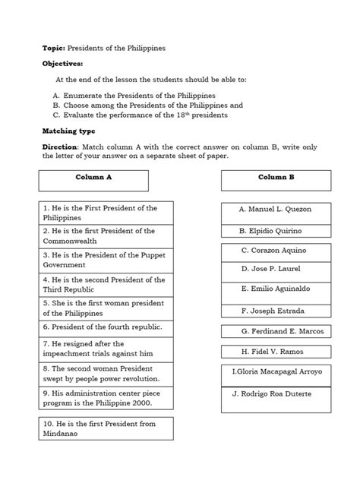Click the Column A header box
94,180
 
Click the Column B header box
276,180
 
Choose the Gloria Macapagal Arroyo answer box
276,372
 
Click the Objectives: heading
63,64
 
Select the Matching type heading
69,131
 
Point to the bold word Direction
60,147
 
